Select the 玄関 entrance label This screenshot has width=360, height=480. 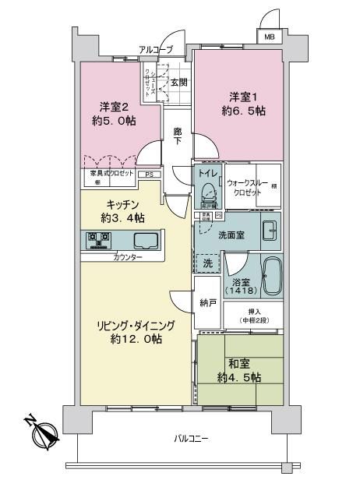pos(178,82)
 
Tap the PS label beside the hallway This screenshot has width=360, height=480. pos(148,175)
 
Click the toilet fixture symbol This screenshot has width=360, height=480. pos(208,192)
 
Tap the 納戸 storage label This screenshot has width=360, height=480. pos(206,303)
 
